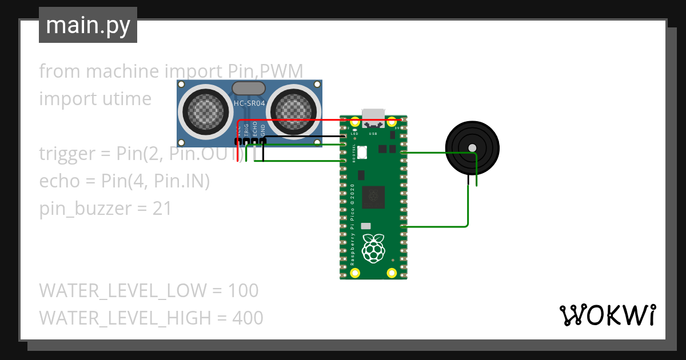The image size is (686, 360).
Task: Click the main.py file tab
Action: click(88, 25)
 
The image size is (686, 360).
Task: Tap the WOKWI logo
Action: click(607, 315)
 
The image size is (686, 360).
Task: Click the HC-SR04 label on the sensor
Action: click(249, 103)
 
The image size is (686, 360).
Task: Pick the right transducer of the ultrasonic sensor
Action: click(293, 110)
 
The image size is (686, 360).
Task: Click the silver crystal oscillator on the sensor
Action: click(249, 88)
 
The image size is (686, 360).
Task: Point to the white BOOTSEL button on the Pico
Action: click(365, 151)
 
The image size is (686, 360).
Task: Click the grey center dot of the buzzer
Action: click(472, 148)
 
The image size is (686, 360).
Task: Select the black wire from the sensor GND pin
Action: click(303, 137)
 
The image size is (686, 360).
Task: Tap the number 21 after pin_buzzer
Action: click(162, 209)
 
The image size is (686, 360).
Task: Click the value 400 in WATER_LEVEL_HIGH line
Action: click(248, 318)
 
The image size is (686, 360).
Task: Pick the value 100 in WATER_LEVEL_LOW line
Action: click(243, 290)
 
